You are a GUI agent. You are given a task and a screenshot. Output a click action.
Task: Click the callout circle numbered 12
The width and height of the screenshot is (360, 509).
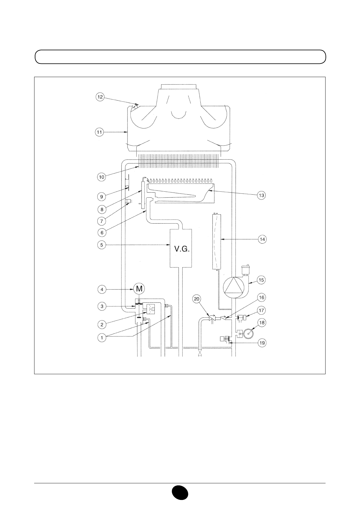point(100,97)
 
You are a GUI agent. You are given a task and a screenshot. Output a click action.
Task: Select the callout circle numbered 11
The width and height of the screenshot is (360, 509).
point(99,132)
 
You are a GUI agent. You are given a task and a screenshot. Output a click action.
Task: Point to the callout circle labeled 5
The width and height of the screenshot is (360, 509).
point(102,245)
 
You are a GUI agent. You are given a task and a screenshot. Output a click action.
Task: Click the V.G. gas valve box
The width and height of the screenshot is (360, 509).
point(181,248)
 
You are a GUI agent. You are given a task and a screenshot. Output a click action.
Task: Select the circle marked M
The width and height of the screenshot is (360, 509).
point(139,289)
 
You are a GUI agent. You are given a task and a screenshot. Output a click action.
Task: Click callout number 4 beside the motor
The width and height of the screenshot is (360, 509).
point(102,290)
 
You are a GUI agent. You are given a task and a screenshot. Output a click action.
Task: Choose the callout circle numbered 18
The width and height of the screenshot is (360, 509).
point(262,323)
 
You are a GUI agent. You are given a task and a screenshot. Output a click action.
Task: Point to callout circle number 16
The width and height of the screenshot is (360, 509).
point(261,298)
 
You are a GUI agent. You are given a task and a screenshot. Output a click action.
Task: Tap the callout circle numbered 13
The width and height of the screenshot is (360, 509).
point(261,195)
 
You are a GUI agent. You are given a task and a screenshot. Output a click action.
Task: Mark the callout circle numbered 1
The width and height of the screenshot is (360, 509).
point(102,338)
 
